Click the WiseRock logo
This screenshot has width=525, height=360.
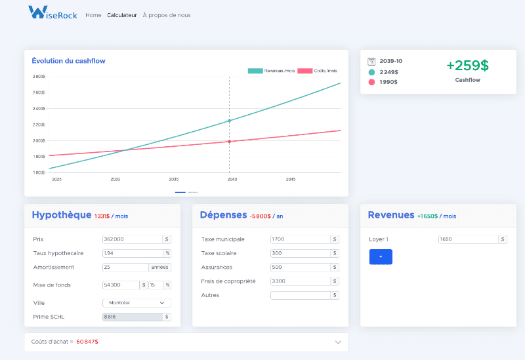tap(52, 12)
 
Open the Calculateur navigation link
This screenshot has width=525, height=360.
tap(122, 15)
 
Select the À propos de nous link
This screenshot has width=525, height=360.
tap(167, 15)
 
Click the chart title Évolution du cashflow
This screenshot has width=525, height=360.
tap(68, 61)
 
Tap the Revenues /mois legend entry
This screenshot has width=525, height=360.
tap(271, 71)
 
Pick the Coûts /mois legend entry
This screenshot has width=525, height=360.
tap(318, 71)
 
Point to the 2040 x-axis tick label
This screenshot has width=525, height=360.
tap(232, 179)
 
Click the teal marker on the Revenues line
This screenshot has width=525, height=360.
tap(229, 121)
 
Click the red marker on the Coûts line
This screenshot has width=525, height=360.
tap(229, 142)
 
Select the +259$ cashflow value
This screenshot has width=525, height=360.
tap(467, 66)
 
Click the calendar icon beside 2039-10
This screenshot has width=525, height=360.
tap(371, 61)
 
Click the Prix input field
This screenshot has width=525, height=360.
tap(131, 239)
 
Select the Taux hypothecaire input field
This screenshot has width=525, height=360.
tap(131, 253)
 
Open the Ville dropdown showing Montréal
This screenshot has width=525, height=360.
tap(136, 303)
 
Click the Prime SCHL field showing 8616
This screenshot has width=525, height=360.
tap(131, 317)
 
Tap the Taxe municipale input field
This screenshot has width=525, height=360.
tap(299, 239)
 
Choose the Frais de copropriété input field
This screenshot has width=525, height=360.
tap(299, 281)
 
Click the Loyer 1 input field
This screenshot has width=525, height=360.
tap(467, 239)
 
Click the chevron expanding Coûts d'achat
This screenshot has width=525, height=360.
tap(338, 342)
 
